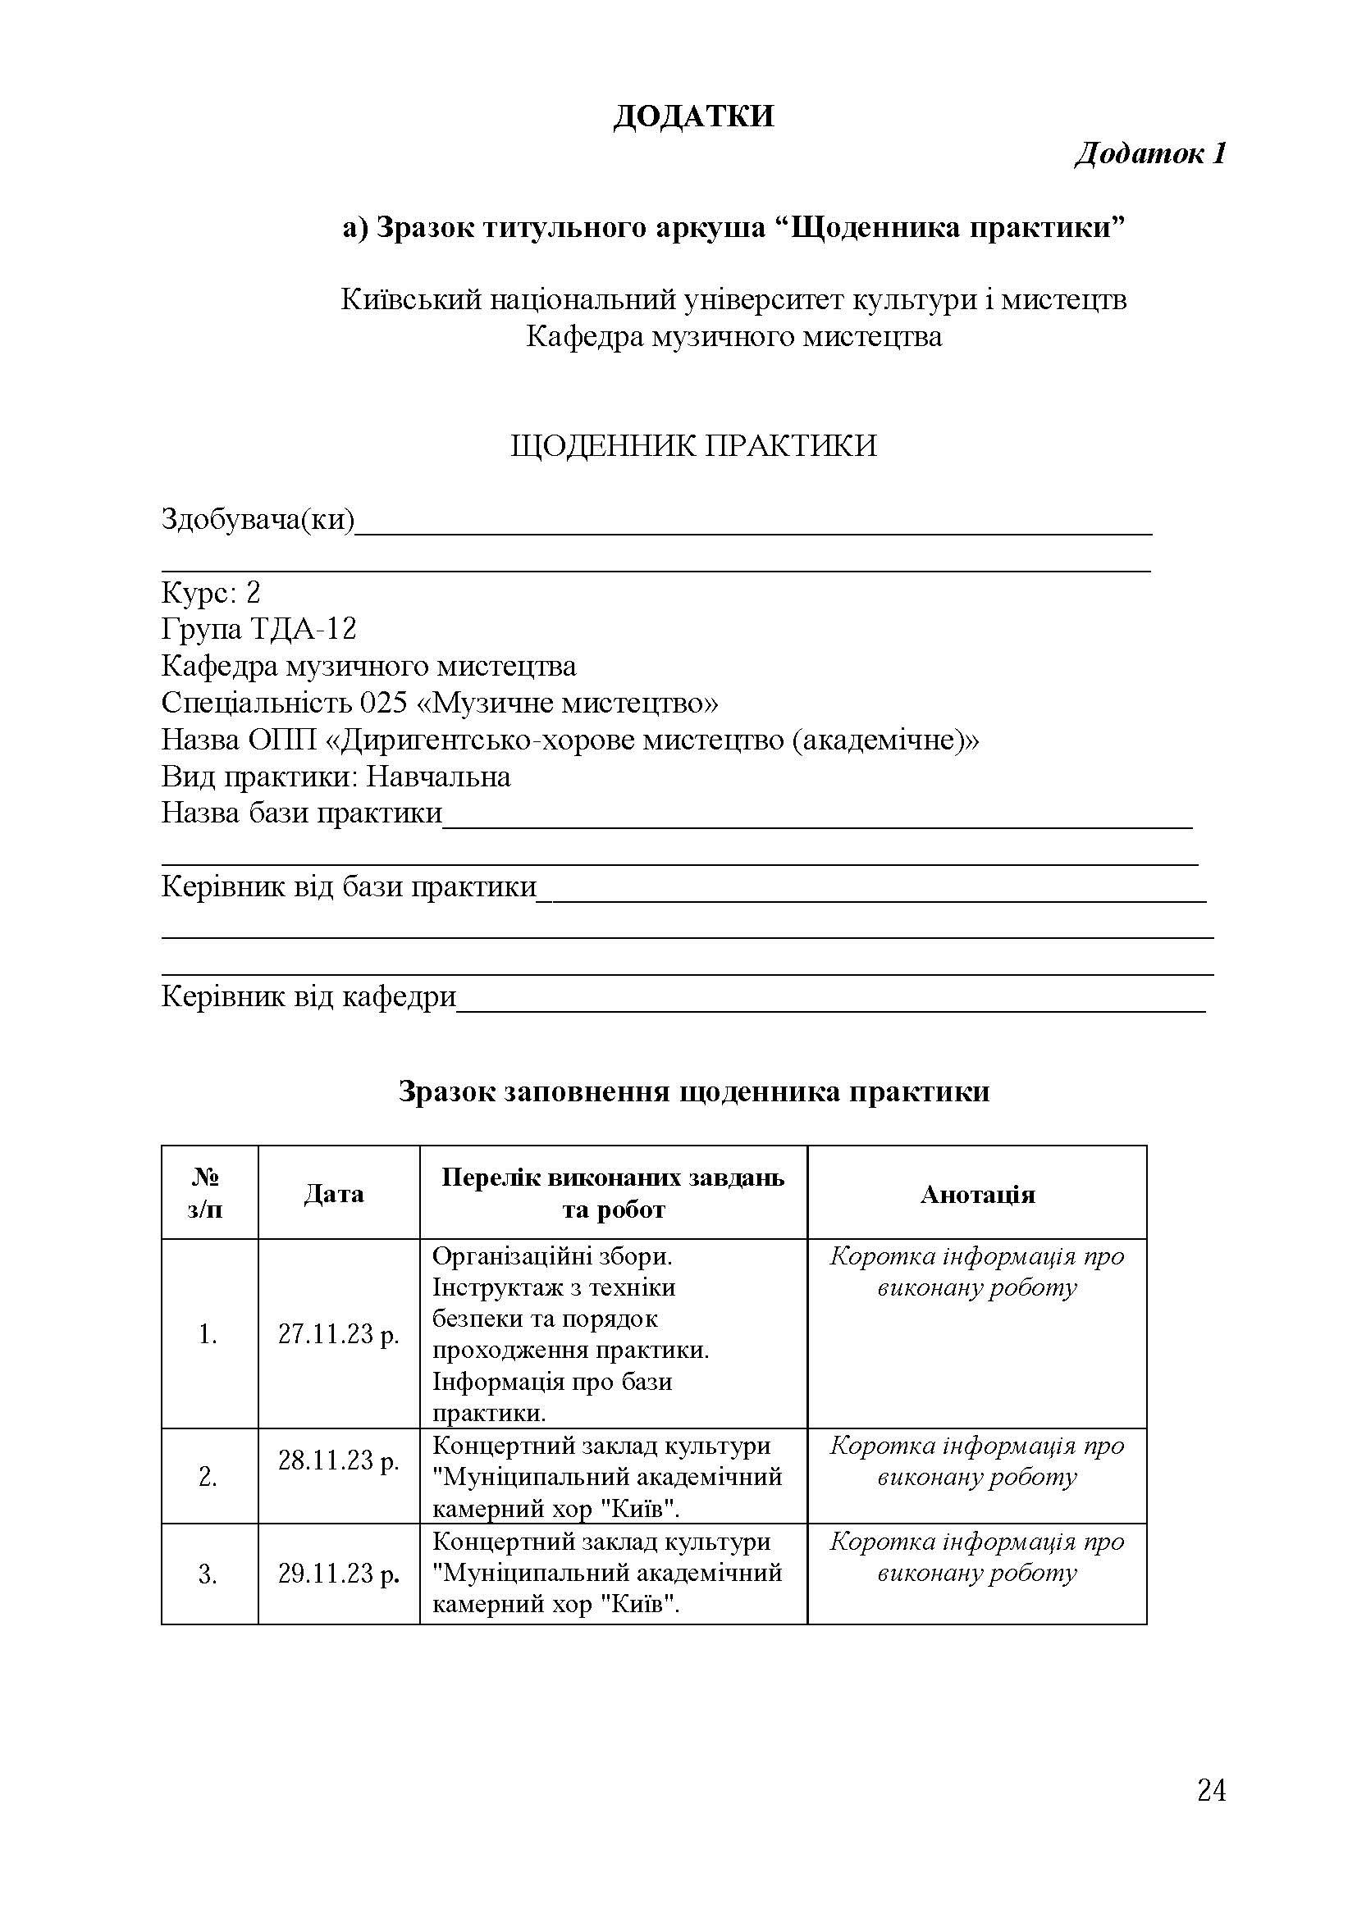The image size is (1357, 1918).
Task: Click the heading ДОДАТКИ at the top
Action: [x=692, y=116]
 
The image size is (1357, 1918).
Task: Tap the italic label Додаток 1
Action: [x=1149, y=153]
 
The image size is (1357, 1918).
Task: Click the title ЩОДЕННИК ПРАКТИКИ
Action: [x=692, y=446]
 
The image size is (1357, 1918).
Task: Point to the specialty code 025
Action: [x=383, y=703]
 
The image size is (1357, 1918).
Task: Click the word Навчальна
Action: [x=439, y=777]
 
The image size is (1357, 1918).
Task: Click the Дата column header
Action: [x=333, y=1194]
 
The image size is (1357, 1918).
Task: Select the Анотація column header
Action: [x=977, y=1195]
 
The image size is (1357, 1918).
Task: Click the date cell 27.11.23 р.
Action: [x=338, y=1334]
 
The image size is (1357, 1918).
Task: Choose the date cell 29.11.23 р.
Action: [x=338, y=1573]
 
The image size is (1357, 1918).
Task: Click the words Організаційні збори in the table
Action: [x=552, y=1256]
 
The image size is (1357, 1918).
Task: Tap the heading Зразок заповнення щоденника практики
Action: [x=692, y=1091]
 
